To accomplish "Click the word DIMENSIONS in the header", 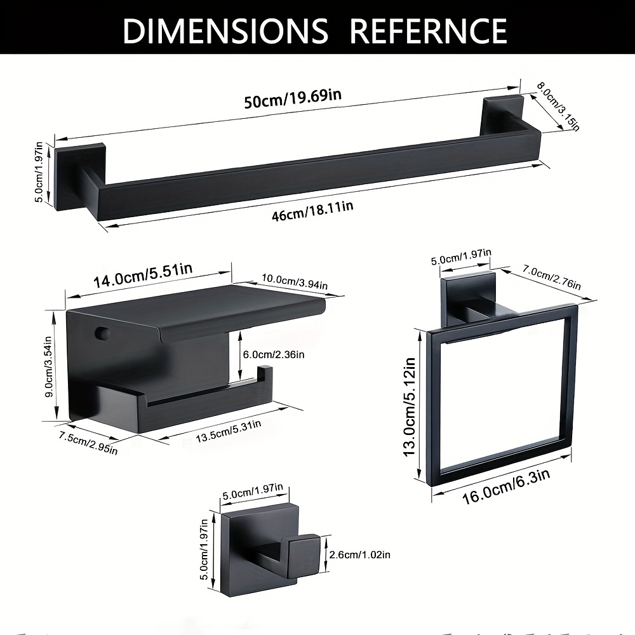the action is (x=225, y=30).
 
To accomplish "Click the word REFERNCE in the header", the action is (x=427, y=30).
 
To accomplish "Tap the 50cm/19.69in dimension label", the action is (x=293, y=98).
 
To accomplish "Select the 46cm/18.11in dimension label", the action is (x=312, y=211).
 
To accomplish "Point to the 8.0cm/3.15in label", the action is (x=558, y=107).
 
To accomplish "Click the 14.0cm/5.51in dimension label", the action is (x=143, y=276).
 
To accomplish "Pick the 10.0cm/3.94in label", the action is (x=295, y=281).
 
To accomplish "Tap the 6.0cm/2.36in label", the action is (x=274, y=355).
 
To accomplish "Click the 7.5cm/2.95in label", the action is (x=88, y=443).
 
